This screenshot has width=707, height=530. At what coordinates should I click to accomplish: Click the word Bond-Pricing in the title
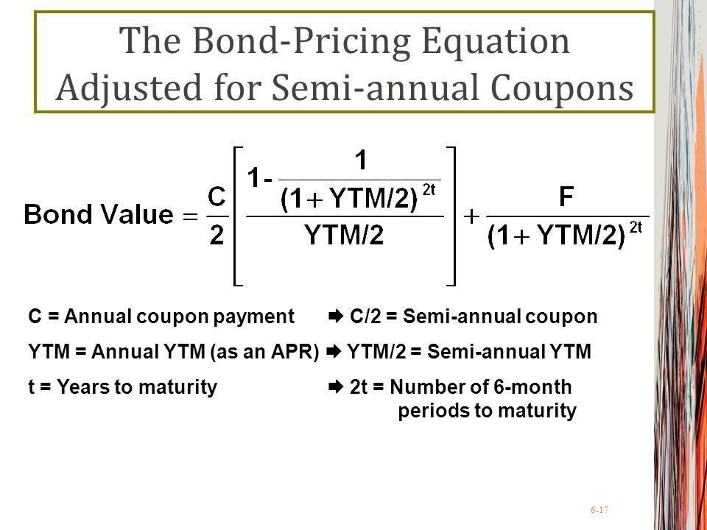pyautogui.click(x=302, y=42)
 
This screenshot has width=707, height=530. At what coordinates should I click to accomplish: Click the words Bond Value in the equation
pyautogui.click(x=98, y=214)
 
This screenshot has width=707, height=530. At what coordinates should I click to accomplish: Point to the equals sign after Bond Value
pyautogui.click(x=190, y=216)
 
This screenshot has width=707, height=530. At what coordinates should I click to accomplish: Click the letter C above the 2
pyautogui.click(x=217, y=197)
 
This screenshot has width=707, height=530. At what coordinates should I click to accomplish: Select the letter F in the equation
pyautogui.click(x=566, y=197)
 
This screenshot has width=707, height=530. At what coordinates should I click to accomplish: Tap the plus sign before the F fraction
pyautogui.click(x=471, y=216)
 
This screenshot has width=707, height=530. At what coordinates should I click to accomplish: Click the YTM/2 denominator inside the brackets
pyautogui.click(x=344, y=235)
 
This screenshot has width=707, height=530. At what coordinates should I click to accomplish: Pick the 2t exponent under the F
pyautogui.click(x=636, y=227)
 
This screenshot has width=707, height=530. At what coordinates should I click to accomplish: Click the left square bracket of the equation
pyautogui.click(x=238, y=216)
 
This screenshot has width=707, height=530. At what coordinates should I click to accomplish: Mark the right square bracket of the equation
pyautogui.click(x=451, y=216)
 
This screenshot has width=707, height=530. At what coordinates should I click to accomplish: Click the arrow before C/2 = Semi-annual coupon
pyautogui.click(x=337, y=317)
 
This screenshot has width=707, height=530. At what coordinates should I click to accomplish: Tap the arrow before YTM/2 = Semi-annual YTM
pyautogui.click(x=334, y=352)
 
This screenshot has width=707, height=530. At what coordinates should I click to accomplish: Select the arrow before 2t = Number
pyautogui.click(x=337, y=387)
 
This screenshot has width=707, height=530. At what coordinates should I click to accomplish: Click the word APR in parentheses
pyautogui.click(x=292, y=352)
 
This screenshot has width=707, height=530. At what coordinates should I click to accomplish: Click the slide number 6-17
pyautogui.click(x=599, y=510)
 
